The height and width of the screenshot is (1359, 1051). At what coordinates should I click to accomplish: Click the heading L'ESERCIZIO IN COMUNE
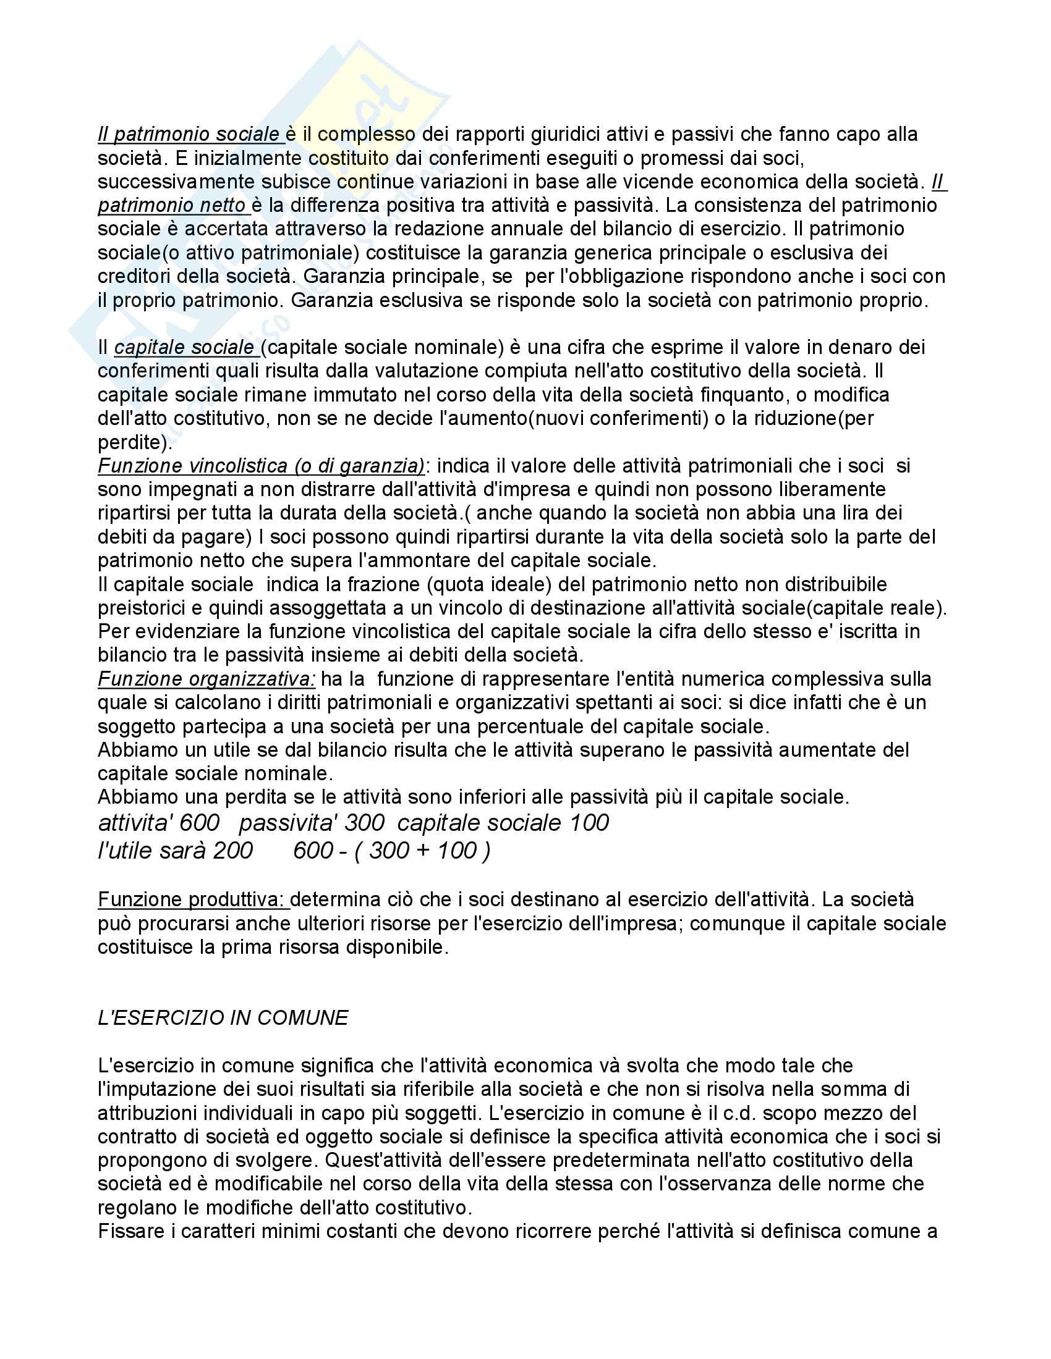tap(223, 1018)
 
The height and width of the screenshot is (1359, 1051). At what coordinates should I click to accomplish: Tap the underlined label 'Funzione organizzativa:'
tap(206, 679)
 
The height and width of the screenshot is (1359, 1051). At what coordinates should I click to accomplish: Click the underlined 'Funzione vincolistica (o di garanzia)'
tap(262, 466)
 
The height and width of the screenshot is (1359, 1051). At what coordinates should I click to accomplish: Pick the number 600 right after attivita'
tap(199, 823)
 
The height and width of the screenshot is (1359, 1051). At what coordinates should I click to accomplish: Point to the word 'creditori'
tap(141, 276)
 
